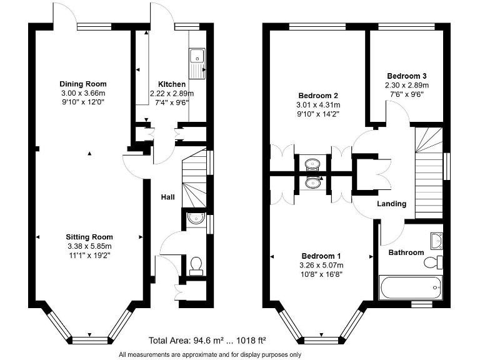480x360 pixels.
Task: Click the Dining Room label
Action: [x=83, y=84]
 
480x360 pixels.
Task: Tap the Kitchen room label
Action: [x=172, y=84]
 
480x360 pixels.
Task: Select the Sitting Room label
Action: [x=89, y=237]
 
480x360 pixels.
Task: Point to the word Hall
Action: [x=167, y=197]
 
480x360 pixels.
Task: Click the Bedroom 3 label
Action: [x=407, y=76]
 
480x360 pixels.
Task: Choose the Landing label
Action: [x=391, y=204]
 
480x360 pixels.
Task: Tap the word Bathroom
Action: [x=406, y=252]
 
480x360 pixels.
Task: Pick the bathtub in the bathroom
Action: [x=411, y=287]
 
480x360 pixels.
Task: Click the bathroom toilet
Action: [x=433, y=262]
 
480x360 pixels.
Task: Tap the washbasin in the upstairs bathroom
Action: [x=436, y=241]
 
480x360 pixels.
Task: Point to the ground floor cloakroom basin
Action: [x=196, y=218]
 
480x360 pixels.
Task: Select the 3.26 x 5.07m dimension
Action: [x=321, y=265]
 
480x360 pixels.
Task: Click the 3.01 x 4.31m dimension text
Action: [x=318, y=105]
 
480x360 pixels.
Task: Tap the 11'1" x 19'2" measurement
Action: [x=89, y=255]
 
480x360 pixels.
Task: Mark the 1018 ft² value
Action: [x=250, y=341]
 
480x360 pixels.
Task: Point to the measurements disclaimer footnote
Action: [x=210, y=354]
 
